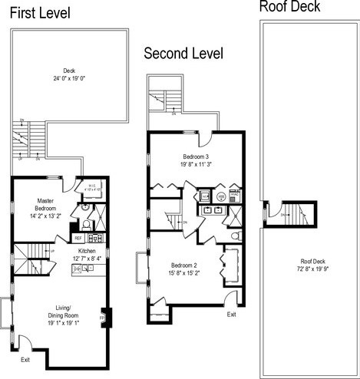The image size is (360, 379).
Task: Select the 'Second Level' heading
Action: point(183,54)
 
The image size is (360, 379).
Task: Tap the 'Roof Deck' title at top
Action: point(289,8)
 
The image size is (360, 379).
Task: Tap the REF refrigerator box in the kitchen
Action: point(78,239)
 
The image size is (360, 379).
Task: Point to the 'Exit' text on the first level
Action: point(25,358)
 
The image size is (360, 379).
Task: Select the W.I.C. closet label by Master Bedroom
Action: point(91,187)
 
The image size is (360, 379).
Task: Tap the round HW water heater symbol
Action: point(221,197)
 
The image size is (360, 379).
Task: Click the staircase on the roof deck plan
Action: point(292,215)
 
